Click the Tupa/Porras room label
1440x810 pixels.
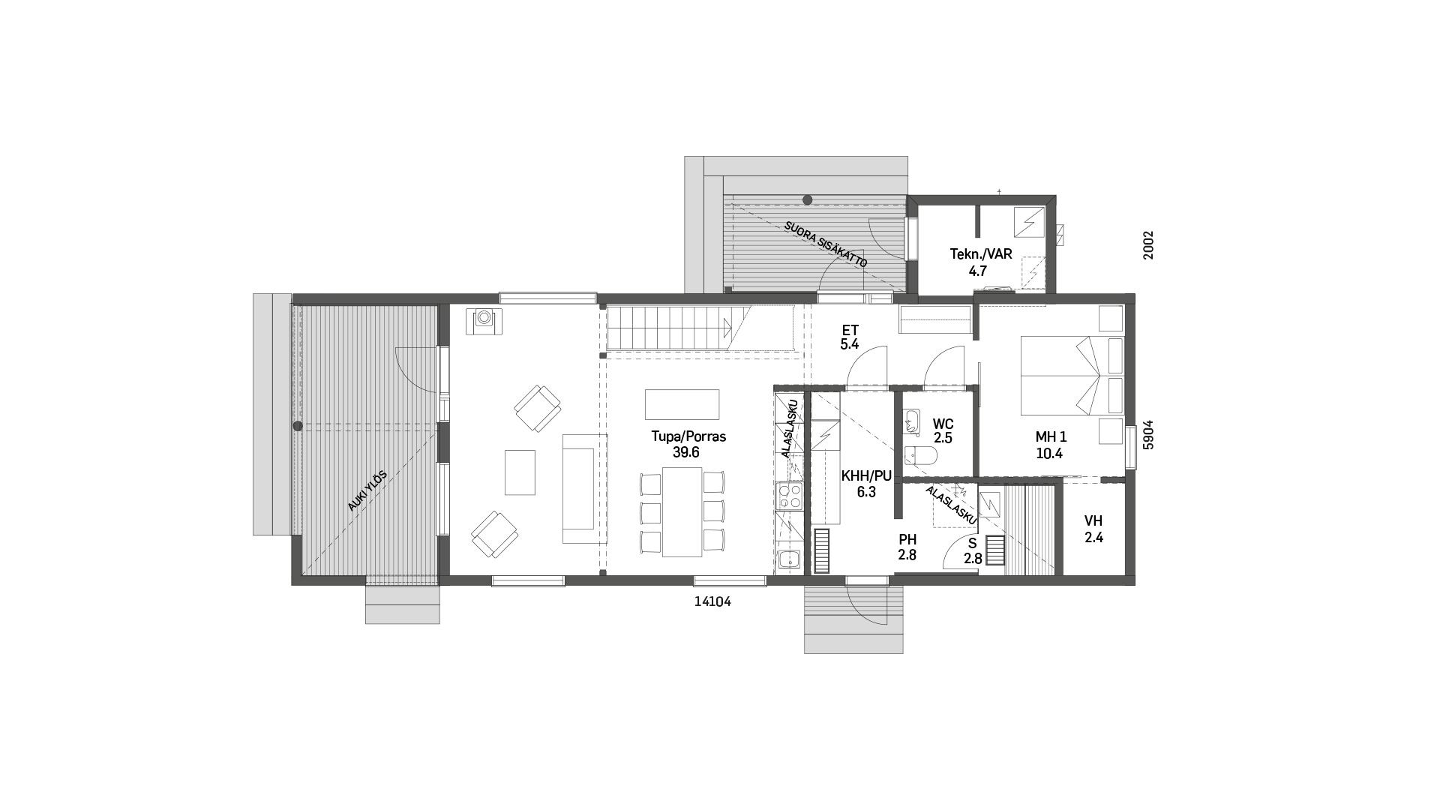tap(688, 436)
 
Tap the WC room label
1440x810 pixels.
tap(943, 424)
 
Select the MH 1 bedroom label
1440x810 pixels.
tap(1051, 437)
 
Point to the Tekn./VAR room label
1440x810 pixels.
tap(981, 254)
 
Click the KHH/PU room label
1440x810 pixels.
tap(866, 476)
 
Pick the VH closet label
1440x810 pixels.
tap(1093, 521)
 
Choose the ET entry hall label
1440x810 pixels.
tap(850, 330)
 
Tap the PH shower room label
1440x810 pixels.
tap(907, 540)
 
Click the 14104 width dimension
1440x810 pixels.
tap(712, 601)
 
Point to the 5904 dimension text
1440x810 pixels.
tap(1147, 434)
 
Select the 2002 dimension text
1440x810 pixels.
tap(1147, 245)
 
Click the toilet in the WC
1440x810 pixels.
tap(919, 456)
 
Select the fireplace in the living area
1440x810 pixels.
tap(484, 321)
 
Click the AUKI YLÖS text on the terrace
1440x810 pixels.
tap(367, 490)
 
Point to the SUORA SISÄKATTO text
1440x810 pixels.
tap(826, 244)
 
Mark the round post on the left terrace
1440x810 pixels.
tap(298, 426)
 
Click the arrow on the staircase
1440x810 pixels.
tap(726, 327)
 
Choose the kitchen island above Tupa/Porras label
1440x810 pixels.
tap(682, 404)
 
